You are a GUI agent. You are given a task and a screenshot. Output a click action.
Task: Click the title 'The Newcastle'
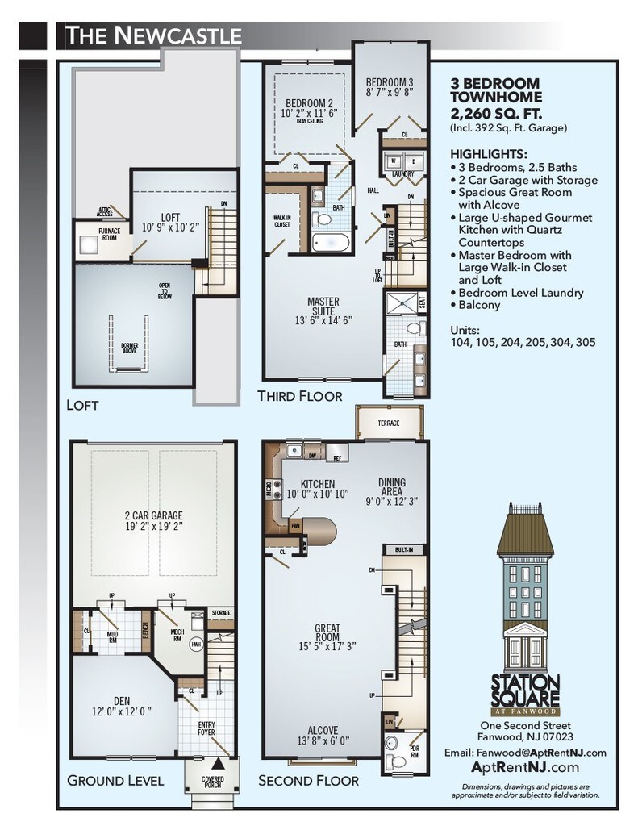click(x=153, y=35)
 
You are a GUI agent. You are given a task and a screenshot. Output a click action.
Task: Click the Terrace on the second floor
click(x=389, y=422)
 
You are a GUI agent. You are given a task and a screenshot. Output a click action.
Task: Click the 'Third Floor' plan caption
click(x=299, y=396)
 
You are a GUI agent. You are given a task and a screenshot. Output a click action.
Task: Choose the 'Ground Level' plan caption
click(x=115, y=780)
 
